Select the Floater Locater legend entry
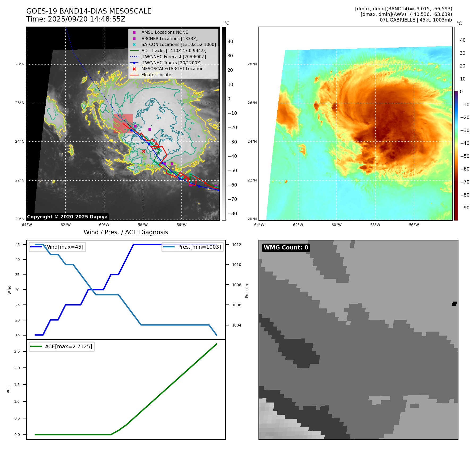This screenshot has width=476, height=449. click(x=157, y=75)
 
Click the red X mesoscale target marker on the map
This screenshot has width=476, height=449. click(x=143, y=151)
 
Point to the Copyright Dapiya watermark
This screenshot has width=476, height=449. click(x=67, y=217)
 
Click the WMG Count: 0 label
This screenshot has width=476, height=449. click(x=286, y=248)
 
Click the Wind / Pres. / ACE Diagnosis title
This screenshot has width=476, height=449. click(x=126, y=232)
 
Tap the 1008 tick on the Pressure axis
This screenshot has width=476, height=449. click(x=236, y=285)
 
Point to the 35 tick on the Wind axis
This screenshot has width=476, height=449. click(x=18, y=275)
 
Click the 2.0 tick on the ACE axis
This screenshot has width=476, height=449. click(x=17, y=368)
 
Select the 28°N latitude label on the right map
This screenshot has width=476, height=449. click(x=252, y=64)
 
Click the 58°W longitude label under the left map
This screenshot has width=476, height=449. click(x=143, y=225)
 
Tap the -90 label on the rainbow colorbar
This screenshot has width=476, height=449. click(x=465, y=208)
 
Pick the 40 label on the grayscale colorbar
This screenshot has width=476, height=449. click(x=230, y=41)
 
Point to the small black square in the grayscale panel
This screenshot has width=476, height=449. click(x=454, y=304)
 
